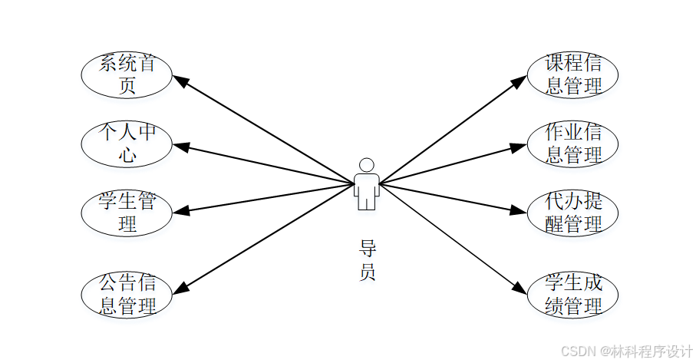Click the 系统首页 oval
tap(127, 74)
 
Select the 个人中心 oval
tap(127, 144)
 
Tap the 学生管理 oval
tap(127, 213)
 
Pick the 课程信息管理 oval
tap(572, 74)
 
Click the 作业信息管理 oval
tap(572, 144)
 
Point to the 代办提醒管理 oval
tap(572, 213)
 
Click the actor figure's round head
tap(367, 165)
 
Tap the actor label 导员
tap(368, 260)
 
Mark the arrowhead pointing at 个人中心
tap(180, 145)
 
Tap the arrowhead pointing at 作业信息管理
tap(520, 145)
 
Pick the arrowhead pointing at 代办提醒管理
tap(520, 211)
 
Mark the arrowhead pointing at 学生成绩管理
tap(520, 289)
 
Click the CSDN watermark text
tap(626, 351)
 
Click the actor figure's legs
tap(367, 201)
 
